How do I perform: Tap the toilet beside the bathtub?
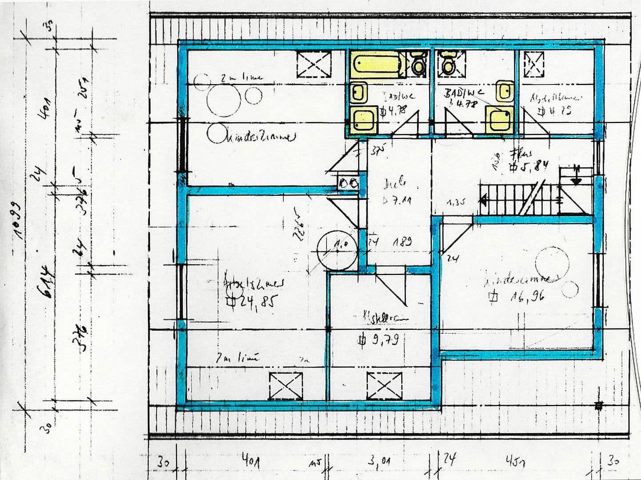(418, 64)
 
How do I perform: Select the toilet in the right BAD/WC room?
(447, 64)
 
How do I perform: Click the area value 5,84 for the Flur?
(531, 165)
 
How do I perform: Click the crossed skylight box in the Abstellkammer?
(534, 64)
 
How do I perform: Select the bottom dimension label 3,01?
(379, 462)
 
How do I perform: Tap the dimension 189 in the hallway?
(402, 242)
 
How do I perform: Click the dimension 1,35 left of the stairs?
(456, 202)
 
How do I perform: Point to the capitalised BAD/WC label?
(464, 93)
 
